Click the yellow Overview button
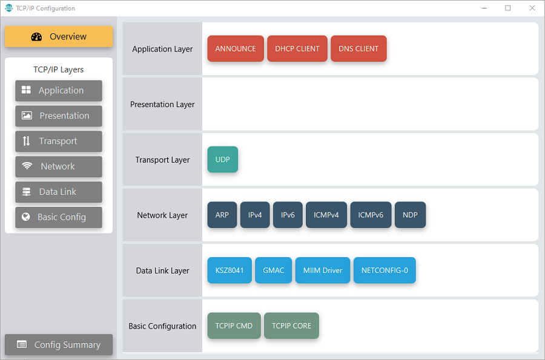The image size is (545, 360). [x=59, y=36]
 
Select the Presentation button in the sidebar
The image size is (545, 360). [x=59, y=116]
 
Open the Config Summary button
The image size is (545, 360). [x=59, y=345]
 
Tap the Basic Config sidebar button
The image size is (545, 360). [x=59, y=217]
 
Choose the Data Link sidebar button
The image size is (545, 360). [x=59, y=192]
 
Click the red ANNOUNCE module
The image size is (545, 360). [x=236, y=48]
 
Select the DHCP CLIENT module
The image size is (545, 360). [x=297, y=48]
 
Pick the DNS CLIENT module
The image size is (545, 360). [x=358, y=48]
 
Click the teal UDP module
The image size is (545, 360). [x=223, y=159]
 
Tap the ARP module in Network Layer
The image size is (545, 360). [x=222, y=215]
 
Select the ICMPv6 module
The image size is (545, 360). [x=371, y=215]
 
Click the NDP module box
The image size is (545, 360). [x=410, y=215]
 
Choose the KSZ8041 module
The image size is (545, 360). [x=230, y=270]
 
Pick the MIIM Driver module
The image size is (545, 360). [x=323, y=270]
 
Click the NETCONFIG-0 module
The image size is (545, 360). [x=385, y=270]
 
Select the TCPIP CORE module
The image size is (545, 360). [x=292, y=326]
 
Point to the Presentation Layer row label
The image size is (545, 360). [x=162, y=105]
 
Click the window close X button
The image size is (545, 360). [x=532, y=8]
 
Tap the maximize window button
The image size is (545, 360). [x=508, y=8]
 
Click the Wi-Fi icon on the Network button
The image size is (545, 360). [x=27, y=166]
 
